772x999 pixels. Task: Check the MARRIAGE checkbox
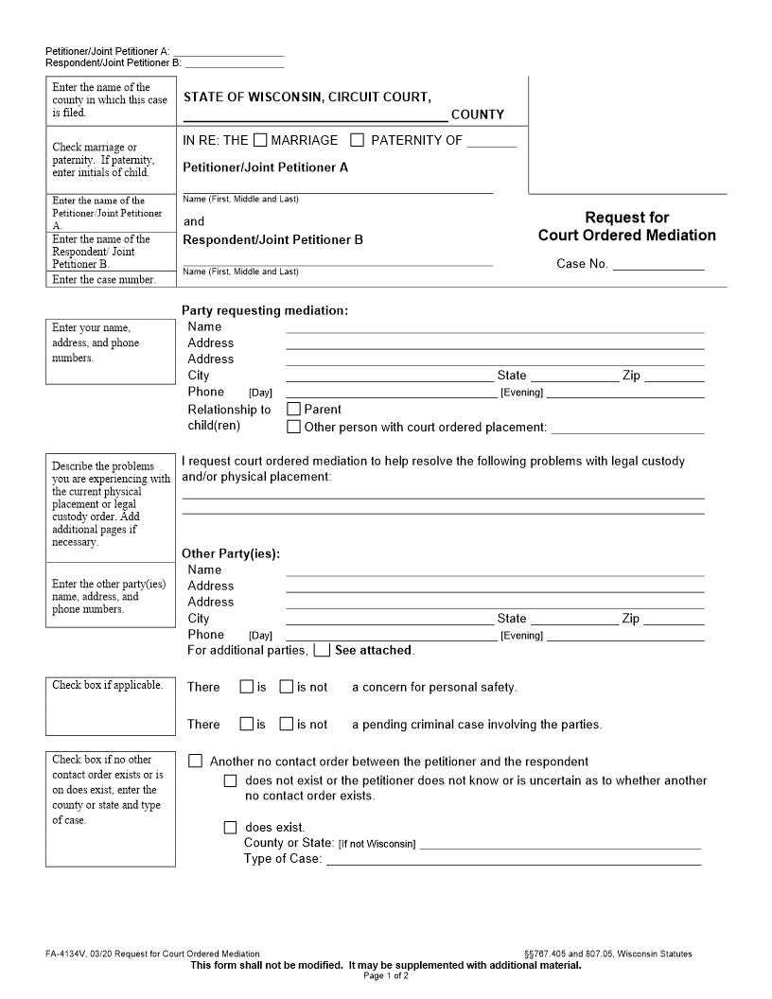(x=260, y=140)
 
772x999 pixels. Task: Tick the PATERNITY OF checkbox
(x=357, y=140)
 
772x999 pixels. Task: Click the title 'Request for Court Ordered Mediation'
(x=626, y=227)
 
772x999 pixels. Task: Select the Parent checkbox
(x=293, y=410)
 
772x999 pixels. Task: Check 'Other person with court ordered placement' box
(x=293, y=427)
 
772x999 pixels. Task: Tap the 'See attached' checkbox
(x=322, y=650)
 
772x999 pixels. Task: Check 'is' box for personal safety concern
(x=246, y=687)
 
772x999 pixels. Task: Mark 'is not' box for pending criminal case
(x=286, y=724)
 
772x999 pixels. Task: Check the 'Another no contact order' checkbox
(x=196, y=761)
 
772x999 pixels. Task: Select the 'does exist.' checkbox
(x=230, y=827)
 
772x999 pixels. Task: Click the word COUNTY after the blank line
(x=477, y=114)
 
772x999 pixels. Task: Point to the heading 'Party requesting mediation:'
(x=264, y=310)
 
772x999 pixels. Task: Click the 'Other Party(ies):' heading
(x=230, y=553)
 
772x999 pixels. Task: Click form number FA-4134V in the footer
(x=61, y=954)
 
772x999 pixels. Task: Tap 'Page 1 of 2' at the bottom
(x=385, y=975)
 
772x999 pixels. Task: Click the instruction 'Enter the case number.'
(x=103, y=280)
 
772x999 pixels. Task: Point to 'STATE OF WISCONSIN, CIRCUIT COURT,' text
(x=307, y=96)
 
